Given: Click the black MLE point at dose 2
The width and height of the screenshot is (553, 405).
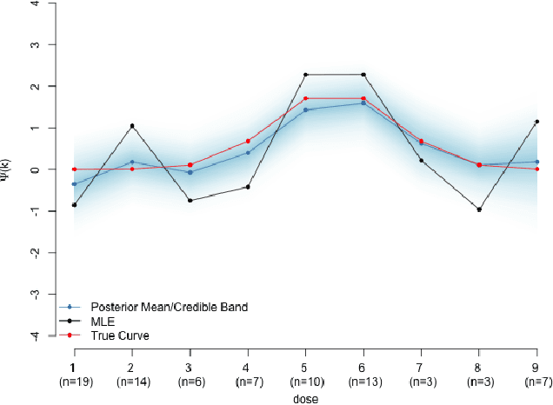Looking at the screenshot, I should pyautogui.click(x=132, y=126).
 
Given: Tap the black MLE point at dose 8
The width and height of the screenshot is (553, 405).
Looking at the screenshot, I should pyautogui.click(x=479, y=209).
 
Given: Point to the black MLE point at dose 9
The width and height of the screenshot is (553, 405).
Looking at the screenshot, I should pyautogui.click(x=537, y=122).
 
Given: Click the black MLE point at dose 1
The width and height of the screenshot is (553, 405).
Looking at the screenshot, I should pyautogui.click(x=74, y=205).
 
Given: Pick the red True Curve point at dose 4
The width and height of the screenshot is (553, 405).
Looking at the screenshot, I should pyautogui.click(x=248, y=141).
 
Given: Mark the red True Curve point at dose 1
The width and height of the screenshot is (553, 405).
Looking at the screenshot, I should pyautogui.click(x=74, y=169).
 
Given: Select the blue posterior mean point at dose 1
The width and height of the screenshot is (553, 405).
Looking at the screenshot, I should pyautogui.click(x=74, y=184).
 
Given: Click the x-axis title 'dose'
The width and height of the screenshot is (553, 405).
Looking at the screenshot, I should pyautogui.click(x=305, y=399).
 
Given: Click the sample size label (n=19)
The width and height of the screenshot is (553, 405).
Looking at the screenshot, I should pyautogui.click(x=74, y=382).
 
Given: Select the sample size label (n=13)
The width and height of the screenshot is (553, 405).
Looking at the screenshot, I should pyautogui.click(x=363, y=382).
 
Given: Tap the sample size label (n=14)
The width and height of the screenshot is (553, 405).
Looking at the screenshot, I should pyautogui.click(x=132, y=382).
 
